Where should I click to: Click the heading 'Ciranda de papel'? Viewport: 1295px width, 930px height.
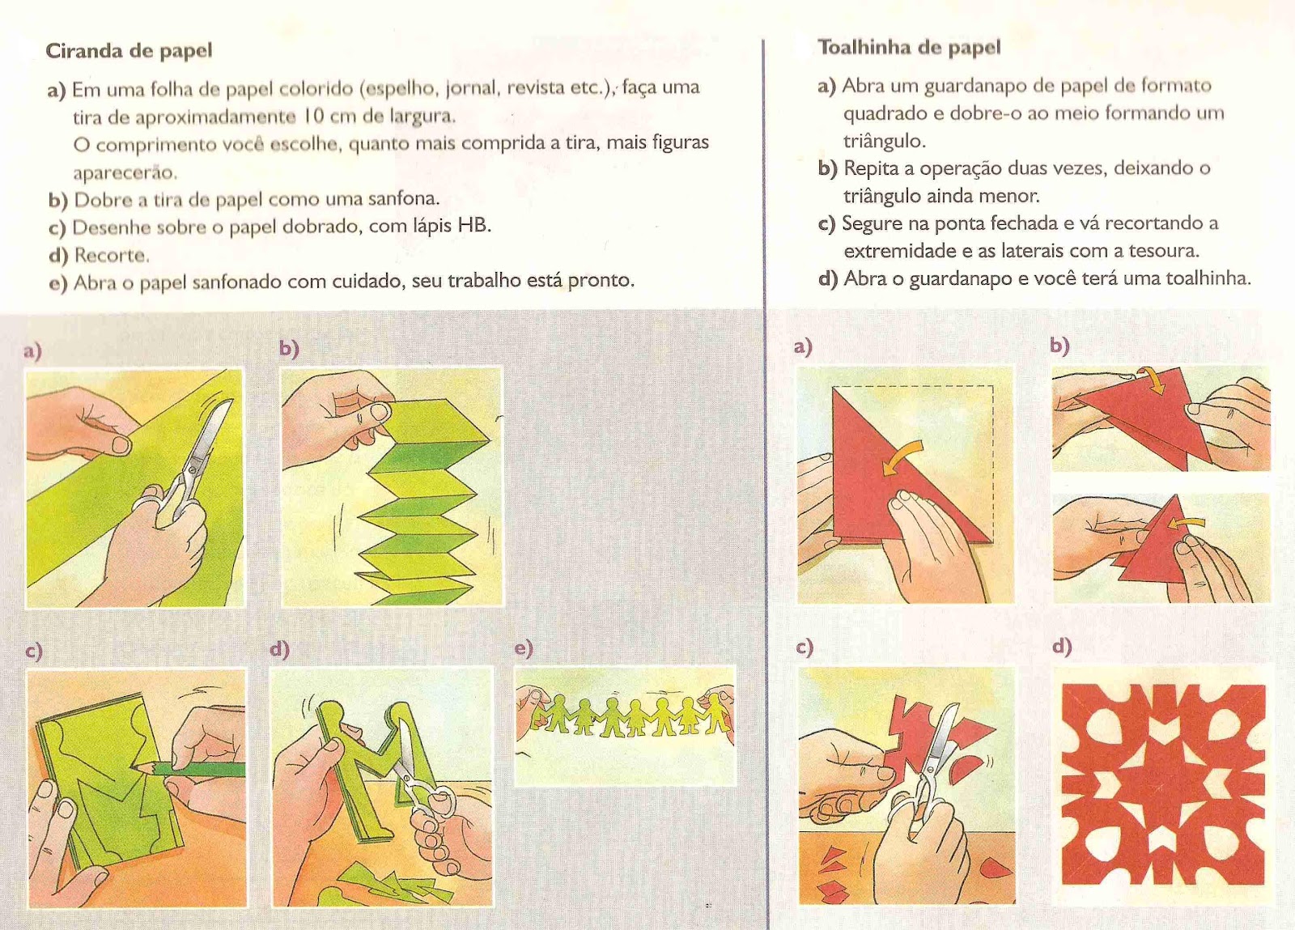pos(129,52)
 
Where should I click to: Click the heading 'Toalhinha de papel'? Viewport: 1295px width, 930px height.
pos(910,48)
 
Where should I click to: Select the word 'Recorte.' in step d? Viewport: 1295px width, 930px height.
pos(113,255)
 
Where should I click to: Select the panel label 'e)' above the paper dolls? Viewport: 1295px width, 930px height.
pos(524,648)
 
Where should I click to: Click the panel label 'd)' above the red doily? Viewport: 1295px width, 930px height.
pos(1062,646)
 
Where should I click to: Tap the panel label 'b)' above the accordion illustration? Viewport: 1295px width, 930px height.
pos(289,349)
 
